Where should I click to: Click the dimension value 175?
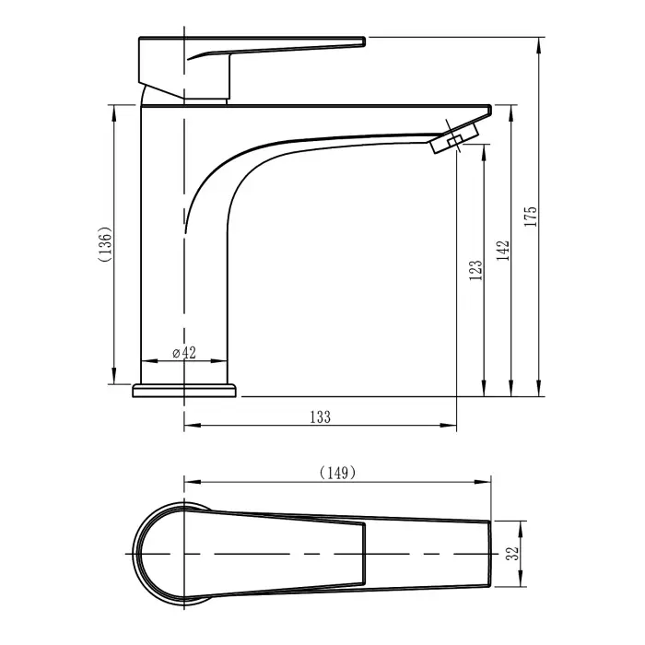(x=532, y=216)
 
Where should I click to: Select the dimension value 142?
(x=503, y=252)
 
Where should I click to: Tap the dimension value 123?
(x=475, y=269)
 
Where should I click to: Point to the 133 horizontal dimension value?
(x=320, y=416)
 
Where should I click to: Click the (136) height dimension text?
(x=107, y=245)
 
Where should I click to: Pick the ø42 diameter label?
(x=184, y=353)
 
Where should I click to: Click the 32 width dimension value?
(x=514, y=553)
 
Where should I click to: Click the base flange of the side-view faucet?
(x=185, y=391)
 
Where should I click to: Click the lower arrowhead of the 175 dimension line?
(x=539, y=391)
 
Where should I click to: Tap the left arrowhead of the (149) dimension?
(x=190, y=481)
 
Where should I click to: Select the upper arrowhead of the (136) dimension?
(x=114, y=110)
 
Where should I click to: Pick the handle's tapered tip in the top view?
(x=359, y=553)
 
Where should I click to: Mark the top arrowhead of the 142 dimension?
(x=510, y=110)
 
